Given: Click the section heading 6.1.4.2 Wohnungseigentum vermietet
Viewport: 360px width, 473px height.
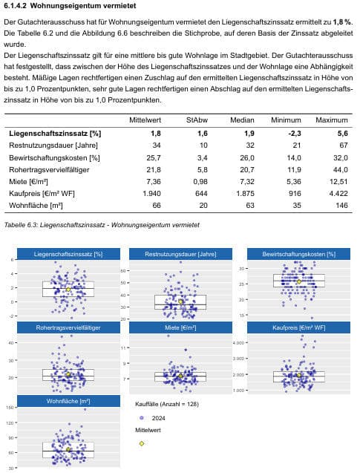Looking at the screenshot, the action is coord(70,6).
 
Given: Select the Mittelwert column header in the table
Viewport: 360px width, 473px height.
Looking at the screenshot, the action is coord(145,120).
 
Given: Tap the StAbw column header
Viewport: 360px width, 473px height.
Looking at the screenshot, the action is coord(197,120).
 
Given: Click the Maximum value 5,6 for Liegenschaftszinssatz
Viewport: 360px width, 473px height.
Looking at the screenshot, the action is coord(342,134).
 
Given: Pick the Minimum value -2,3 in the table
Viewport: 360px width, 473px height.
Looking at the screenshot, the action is coord(294,134).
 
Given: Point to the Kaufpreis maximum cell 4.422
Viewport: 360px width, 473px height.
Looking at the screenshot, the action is coord(338,193).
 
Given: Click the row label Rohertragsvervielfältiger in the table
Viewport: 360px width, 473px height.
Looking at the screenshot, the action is coord(49,170).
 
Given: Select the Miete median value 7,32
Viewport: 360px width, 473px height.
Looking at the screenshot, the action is coord(247,182).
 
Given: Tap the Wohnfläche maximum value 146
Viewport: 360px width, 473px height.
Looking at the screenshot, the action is coord(341,206).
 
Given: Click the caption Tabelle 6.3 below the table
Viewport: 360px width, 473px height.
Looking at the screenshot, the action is coord(102,225).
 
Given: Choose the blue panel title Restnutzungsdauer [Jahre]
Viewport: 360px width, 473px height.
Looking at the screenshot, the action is coord(180,254).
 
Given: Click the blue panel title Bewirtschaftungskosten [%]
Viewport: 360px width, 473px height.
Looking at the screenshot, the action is coord(298,254).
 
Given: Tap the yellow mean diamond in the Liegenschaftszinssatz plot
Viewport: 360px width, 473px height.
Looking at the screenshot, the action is coord(68,290).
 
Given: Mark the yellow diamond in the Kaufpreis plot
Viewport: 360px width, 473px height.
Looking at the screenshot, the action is coord(299,375).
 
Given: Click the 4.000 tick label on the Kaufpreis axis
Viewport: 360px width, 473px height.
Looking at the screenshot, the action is coord(238,343).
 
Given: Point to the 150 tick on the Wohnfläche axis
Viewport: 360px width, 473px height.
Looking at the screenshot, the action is coord(10,408).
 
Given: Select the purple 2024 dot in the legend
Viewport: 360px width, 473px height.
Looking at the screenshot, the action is coord(142,418).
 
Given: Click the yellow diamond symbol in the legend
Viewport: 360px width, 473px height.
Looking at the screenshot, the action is coord(142,443).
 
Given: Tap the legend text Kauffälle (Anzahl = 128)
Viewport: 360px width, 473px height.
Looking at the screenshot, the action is coord(167,404).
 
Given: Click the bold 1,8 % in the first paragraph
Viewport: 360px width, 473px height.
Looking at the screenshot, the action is coord(343,22).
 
